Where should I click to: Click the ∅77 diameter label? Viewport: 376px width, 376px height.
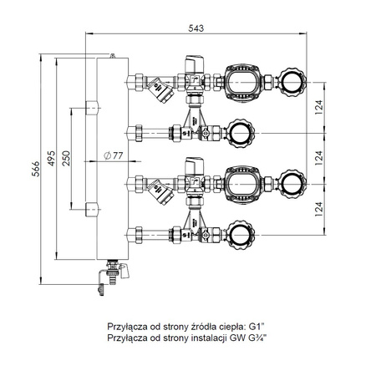pos(112,155)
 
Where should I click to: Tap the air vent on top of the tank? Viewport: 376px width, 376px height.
pos(112,53)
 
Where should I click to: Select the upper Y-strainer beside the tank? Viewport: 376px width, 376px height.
pos(159,86)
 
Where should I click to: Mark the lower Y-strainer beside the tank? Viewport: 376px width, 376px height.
pos(159,195)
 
